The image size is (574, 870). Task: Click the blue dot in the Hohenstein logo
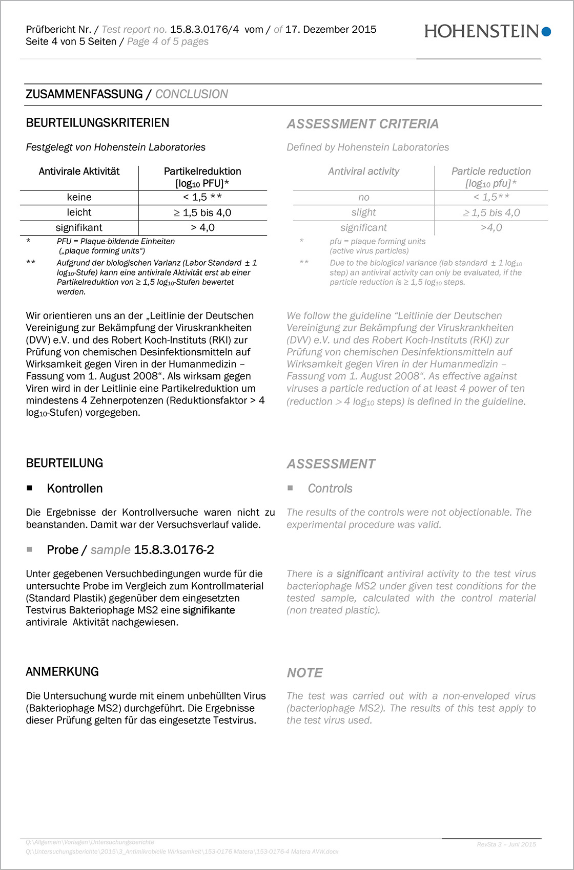pyautogui.click(x=546, y=32)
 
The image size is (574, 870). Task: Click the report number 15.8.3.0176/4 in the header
pyautogui.click(x=204, y=29)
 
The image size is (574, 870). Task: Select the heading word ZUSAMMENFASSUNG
pyautogui.click(x=84, y=94)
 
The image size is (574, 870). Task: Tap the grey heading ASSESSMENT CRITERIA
pyautogui.click(x=362, y=124)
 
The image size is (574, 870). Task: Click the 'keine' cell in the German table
pyautogui.click(x=79, y=197)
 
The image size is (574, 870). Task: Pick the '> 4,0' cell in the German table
pyautogui.click(x=202, y=227)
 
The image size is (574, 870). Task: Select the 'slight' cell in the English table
pyautogui.click(x=363, y=212)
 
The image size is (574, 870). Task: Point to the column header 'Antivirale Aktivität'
pyautogui.click(x=79, y=171)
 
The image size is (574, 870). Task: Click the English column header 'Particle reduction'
pyautogui.click(x=491, y=171)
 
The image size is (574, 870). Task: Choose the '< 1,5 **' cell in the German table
pyautogui.click(x=202, y=197)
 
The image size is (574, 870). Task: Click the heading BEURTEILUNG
pyautogui.click(x=65, y=463)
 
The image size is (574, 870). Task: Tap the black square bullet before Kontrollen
pyautogui.click(x=30, y=489)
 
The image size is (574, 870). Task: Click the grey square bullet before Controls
pyautogui.click(x=290, y=489)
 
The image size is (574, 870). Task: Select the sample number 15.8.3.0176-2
pyautogui.click(x=174, y=550)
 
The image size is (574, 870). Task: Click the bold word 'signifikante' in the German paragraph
pyautogui.click(x=209, y=610)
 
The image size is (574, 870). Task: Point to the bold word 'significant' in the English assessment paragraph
pyautogui.click(x=360, y=574)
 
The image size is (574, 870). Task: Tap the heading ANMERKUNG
pyautogui.click(x=62, y=672)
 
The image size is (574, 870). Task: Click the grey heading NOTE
pyautogui.click(x=304, y=673)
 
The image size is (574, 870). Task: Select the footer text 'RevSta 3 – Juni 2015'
pyautogui.click(x=506, y=844)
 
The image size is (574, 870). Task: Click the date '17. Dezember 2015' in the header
pyautogui.click(x=331, y=29)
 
